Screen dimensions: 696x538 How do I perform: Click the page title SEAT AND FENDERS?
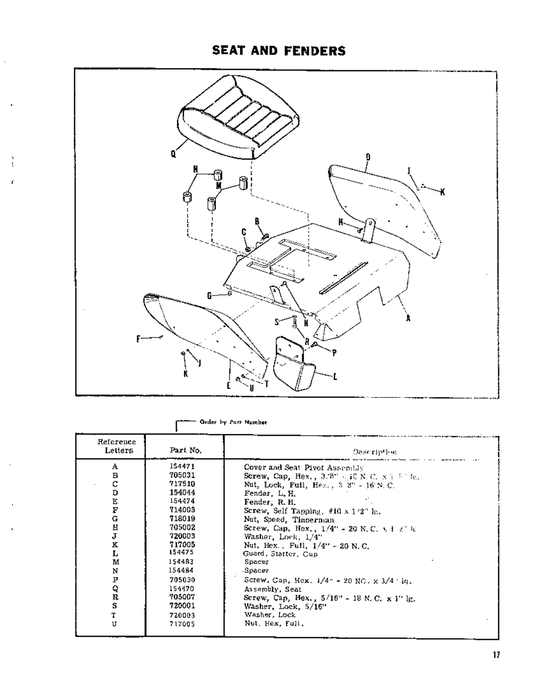pos(279,51)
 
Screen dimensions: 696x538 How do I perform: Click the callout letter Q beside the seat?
pos(173,154)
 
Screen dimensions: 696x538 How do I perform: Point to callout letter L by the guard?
pos(335,377)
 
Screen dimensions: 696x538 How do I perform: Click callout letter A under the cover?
pos(408,318)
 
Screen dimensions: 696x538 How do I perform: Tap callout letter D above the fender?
pos(368,157)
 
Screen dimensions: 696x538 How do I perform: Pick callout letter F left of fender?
pos(139,339)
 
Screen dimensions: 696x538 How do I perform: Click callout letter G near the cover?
pos(210,295)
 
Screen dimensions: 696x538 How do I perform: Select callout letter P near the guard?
pos(334,353)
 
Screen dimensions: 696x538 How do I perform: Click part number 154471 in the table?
pos(182,466)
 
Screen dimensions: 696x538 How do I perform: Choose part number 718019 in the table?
pos(182,518)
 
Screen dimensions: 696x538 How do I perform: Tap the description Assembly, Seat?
pos(273,589)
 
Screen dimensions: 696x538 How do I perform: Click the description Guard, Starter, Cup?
pos(280,554)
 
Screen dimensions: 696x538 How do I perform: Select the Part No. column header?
pos(186,450)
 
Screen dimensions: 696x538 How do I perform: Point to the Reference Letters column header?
pos(117,446)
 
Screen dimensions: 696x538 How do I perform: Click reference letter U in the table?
pos(115,624)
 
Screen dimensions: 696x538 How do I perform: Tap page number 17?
pos(496,655)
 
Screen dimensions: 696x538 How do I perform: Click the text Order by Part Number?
pos(233,422)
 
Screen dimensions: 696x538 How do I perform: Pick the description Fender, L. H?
pos(270,493)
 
